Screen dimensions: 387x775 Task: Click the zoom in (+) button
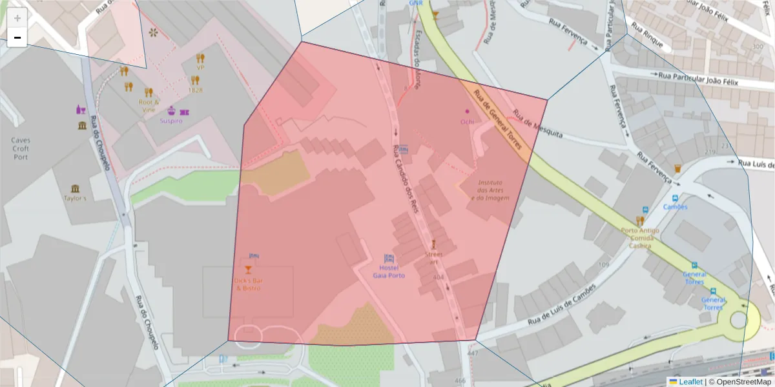(x=17, y=18)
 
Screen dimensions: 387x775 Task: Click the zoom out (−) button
(x=17, y=38)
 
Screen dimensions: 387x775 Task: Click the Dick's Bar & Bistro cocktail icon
(x=248, y=269)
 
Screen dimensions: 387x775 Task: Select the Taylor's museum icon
(x=76, y=188)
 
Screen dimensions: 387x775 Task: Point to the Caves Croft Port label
(x=21, y=148)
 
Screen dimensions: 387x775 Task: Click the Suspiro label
(x=171, y=121)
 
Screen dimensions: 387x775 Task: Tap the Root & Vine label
(x=149, y=106)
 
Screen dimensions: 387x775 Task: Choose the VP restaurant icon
(x=200, y=58)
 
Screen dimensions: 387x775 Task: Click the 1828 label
(x=195, y=90)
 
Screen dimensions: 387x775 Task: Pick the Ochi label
(x=467, y=121)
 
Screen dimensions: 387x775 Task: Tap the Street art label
(x=434, y=258)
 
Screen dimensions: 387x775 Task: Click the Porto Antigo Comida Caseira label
(x=640, y=237)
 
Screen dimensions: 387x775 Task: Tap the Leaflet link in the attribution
(x=690, y=382)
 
